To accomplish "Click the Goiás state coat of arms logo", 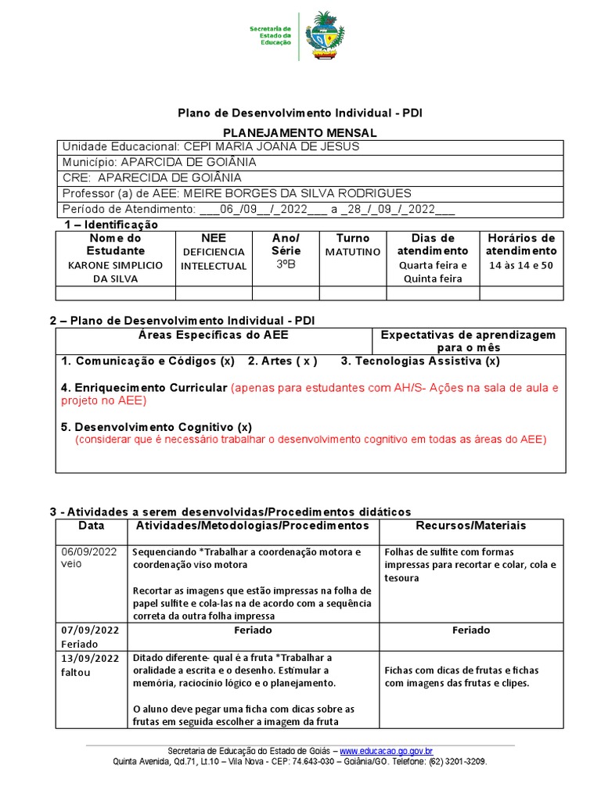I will pyautogui.click(x=322, y=36).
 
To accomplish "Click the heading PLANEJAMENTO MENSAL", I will pyautogui.click(x=300, y=133).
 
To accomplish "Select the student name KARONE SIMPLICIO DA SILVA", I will pyautogui.click(x=116, y=271).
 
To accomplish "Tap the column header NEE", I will pyautogui.click(x=213, y=238).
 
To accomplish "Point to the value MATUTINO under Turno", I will pyautogui.click(x=352, y=252).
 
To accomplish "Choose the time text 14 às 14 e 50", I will pyautogui.click(x=520, y=265).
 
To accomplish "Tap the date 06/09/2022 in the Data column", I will pyautogui.click(x=91, y=551).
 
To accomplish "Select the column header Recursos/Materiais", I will pyautogui.click(x=471, y=526).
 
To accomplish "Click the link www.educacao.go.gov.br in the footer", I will pyautogui.click(x=387, y=751).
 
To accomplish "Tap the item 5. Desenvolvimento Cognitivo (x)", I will pyautogui.click(x=157, y=427).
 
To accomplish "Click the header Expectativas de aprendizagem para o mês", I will pyautogui.click(x=468, y=341).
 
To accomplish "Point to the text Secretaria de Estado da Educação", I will pyautogui.click(x=270, y=35).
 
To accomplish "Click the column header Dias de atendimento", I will pyautogui.click(x=433, y=244).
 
